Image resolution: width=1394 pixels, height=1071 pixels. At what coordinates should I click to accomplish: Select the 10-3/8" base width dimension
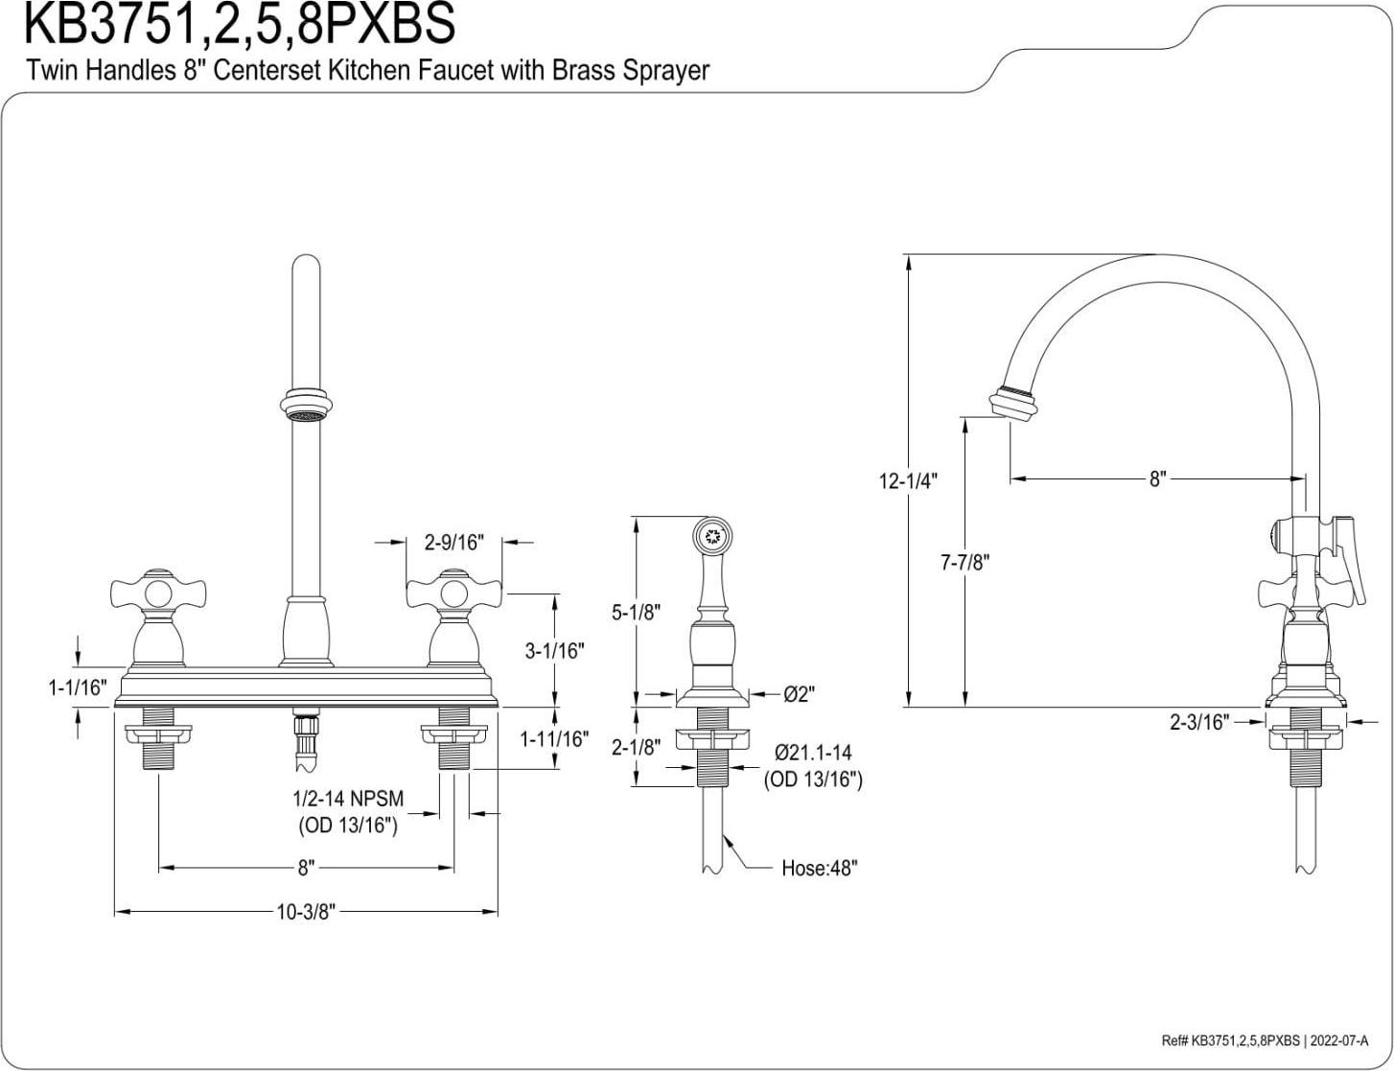305,912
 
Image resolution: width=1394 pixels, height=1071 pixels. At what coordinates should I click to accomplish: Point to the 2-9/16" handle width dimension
453,543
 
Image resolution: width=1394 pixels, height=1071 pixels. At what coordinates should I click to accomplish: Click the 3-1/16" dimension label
554,650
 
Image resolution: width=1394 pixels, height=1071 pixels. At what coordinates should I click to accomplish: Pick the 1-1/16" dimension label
78,687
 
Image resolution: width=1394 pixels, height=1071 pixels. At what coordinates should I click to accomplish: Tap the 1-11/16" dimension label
554,739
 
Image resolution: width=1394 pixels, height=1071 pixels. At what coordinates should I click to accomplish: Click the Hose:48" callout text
819,869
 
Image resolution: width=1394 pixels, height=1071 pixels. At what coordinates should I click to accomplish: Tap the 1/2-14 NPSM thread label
348,799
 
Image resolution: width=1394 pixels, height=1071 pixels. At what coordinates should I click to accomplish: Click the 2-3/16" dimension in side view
1198,722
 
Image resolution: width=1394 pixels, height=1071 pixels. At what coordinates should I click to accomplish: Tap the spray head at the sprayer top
712,534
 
